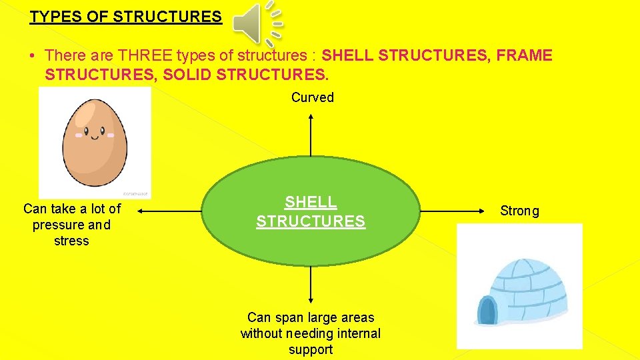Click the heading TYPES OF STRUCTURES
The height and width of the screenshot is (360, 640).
pos(125,17)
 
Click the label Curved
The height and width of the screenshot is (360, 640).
pos(312,97)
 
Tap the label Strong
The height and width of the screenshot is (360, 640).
pos(519,211)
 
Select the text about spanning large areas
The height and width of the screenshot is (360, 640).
pos(311,333)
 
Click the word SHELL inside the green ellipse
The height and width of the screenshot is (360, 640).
pos(311,202)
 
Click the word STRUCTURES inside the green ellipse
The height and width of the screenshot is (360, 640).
pos(311,221)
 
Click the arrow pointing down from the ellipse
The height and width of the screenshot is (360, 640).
pos(311,283)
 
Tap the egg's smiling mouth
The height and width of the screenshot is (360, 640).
pos(95,138)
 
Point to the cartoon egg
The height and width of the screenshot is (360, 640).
pos(95,141)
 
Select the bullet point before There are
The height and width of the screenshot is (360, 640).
pos(33,55)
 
